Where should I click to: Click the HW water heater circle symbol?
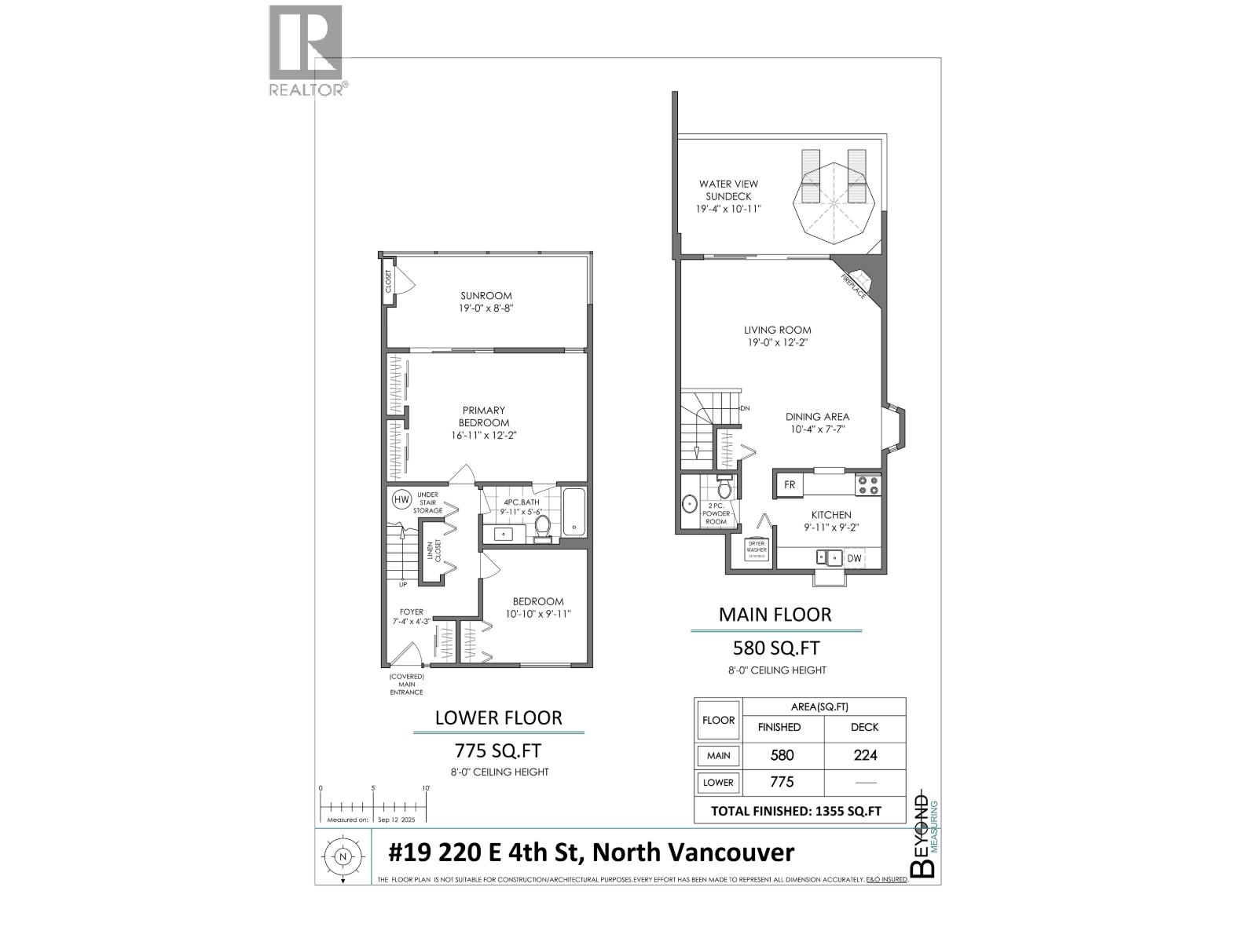tap(401, 499)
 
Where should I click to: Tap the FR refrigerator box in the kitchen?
tap(790, 485)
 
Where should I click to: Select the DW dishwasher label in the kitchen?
tap(855, 558)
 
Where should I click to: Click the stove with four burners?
tap(867, 485)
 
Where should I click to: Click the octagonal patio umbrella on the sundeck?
tap(833, 199)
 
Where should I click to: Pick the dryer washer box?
tap(756, 549)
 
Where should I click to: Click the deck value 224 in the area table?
tap(864, 755)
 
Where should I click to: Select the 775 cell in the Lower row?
tap(782, 782)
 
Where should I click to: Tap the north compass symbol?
tap(343, 857)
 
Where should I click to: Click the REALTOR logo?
tap(306, 50)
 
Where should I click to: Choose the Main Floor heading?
tap(775, 615)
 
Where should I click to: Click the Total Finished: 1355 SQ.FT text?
tap(796, 811)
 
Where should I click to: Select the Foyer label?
tap(411, 612)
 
